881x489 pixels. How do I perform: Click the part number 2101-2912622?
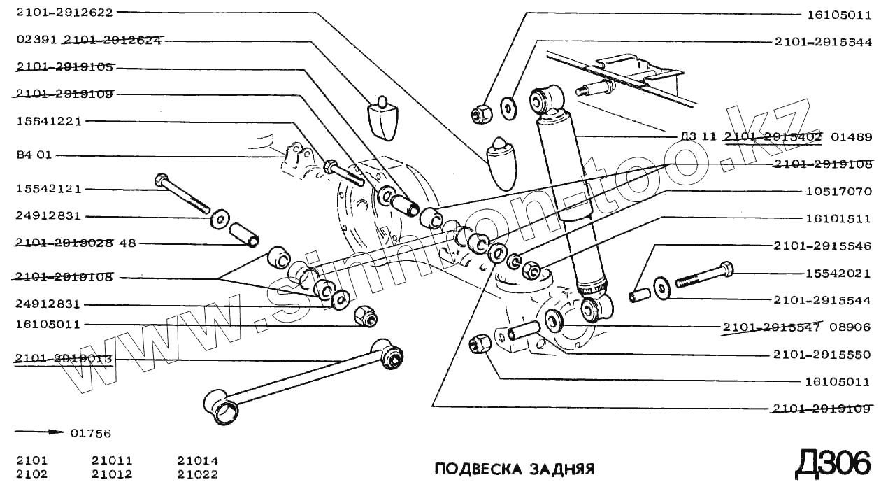coord(64,12)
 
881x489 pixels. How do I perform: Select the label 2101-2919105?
coord(64,67)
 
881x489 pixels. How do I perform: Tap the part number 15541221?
coord(49,121)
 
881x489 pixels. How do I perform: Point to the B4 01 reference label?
coord(34,155)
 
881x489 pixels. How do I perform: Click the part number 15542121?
coord(49,190)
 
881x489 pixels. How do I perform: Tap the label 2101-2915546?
coord(822,246)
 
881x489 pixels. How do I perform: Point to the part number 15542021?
coord(837,273)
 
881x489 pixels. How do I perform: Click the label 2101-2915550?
coord(822,355)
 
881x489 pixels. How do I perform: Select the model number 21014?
coord(198,460)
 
